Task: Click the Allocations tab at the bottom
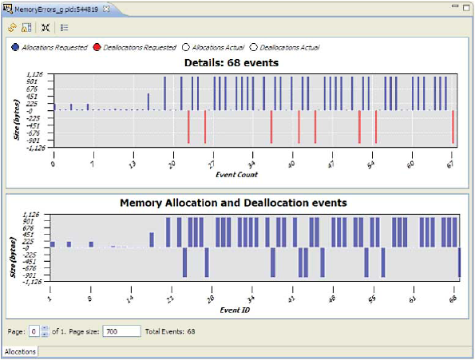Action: tap(20, 350)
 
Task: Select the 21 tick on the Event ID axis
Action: tap(169, 297)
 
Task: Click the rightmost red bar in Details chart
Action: tap(453, 126)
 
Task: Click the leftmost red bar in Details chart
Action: tap(188, 126)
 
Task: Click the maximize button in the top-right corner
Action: tap(467, 6)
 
